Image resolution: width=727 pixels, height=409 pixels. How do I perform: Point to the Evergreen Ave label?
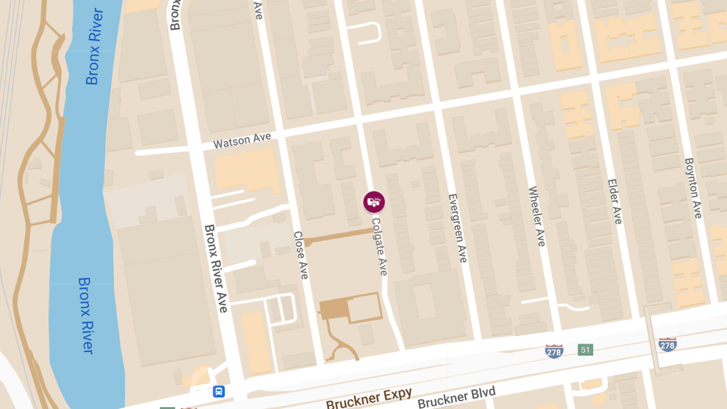pyautogui.click(x=457, y=228)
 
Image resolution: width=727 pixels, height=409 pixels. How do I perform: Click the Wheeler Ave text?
pyautogui.click(x=537, y=216)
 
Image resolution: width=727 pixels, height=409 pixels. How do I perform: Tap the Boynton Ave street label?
pyautogui.click(x=693, y=188)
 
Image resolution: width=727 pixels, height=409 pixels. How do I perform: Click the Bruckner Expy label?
pyautogui.click(x=369, y=398)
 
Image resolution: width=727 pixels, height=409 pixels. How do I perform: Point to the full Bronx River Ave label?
pyautogui.click(x=216, y=268)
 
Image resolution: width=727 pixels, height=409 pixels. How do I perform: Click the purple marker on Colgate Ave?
pyautogui.click(x=374, y=202)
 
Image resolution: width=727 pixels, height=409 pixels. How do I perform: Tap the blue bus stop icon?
pyautogui.click(x=219, y=391)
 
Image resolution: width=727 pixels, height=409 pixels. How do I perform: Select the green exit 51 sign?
pyautogui.click(x=585, y=350)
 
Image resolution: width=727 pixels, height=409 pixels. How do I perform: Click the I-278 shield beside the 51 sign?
pyautogui.click(x=554, y=351)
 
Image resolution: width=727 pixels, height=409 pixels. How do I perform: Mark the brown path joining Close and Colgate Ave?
pyautogui.click(x=339, y=237)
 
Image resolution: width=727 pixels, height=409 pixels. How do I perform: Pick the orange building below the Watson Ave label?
pyautogui.click(x=245, y=169)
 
